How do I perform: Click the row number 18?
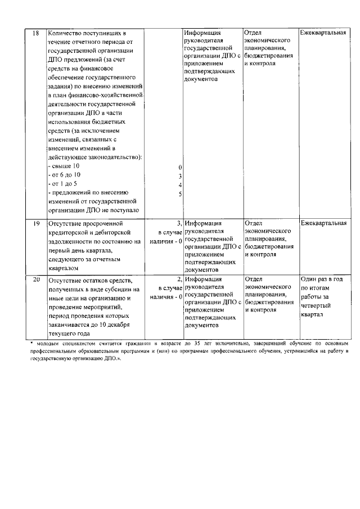[35, 33]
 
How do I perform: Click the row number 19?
[35, 223]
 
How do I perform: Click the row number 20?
[35, 279]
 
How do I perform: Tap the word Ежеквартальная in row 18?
[322, 33]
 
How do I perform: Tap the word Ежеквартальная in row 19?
[322, 223]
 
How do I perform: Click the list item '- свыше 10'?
[64, 167]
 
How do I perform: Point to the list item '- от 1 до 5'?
[65, 184]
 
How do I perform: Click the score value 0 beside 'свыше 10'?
[179, 168]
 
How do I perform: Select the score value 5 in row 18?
[179, 194]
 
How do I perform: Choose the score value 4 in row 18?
[179, 185]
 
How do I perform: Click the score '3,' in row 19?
[179, 223]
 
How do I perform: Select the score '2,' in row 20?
[179, 278]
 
